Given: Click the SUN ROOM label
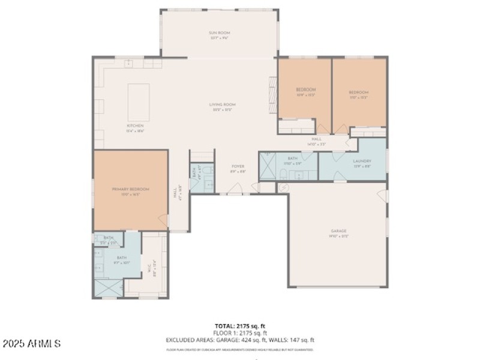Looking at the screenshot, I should point(220,33).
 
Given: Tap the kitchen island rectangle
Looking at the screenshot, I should point(139,102).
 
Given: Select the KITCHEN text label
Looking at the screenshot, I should point(135,126).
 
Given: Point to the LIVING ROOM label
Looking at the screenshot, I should point(222,105).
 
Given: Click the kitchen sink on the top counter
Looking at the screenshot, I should point(128,62).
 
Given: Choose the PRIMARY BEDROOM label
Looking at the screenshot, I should point(130,189).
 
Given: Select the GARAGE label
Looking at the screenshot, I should point(339,231).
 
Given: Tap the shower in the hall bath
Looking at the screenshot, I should point(267,166).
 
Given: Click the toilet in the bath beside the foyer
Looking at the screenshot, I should point(208,173).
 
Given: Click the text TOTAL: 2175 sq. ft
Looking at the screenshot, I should point(240,326).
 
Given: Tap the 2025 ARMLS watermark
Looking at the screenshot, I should point(31,344).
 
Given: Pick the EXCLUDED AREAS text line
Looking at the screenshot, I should point(240,339).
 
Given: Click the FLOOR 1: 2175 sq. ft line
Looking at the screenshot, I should point(240,333).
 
